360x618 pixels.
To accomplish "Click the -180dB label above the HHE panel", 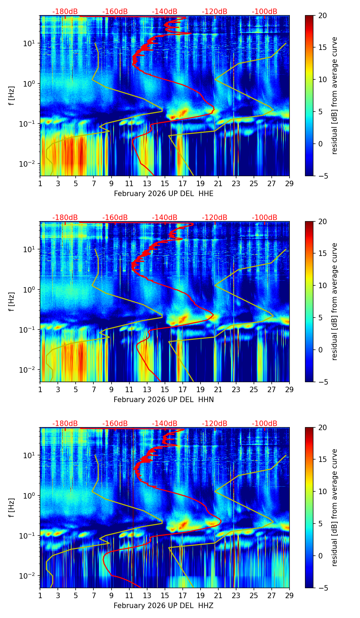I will pyautogui.click(x=65, y=12).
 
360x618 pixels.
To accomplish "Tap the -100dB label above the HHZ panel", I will pyautogui.click(x=265, y=424).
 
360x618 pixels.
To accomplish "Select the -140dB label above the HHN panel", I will pyautogui.click(x=165, y=218).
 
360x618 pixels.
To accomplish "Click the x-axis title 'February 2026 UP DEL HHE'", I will pyautogui.click(x=164, y=194).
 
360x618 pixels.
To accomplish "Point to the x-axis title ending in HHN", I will pyautogui.click(x=164, y=400).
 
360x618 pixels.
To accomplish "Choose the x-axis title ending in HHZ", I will pyautogui.click(x=164, y=606).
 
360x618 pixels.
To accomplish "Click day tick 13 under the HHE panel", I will pyautogui.click(x=147, y=183).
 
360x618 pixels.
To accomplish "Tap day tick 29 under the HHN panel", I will pyautogui.click(x=289, y=389).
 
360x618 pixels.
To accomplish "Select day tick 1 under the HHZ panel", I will pyautogui.click(x=40, y=595).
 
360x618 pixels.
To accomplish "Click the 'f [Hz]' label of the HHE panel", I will pyautogui.click(x=12, y=96).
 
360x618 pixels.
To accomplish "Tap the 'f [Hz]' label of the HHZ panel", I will pyautogui.click(x=12, y=508).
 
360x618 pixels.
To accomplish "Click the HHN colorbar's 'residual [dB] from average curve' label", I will pyautogui.click(x=335, y=301).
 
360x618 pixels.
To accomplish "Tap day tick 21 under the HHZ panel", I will pyautogui.click(x=218, y=595).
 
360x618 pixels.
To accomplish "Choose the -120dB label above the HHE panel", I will pyautogui.click(x=215, y=12).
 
